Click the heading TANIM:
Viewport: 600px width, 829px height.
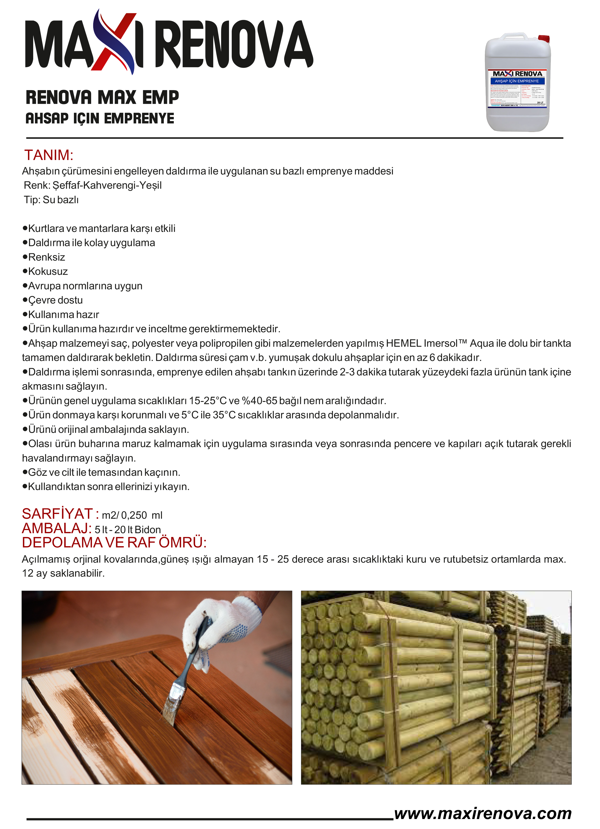click(x=49, y=155)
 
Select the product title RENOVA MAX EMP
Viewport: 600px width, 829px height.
click(x=102, y=98)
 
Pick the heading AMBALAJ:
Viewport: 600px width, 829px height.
click(x=57, y=528)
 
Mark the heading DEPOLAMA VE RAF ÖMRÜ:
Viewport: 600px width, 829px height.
click(x=114, y=543)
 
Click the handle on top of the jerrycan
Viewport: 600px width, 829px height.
click(x=514, y=36)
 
